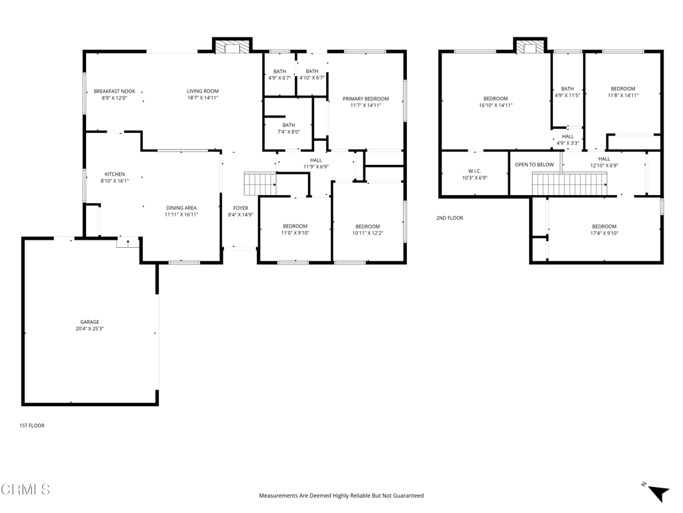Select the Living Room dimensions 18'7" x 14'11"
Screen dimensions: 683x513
point(203,98)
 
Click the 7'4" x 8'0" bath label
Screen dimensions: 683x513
point(289,128)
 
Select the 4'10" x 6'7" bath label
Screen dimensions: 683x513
point(312,75)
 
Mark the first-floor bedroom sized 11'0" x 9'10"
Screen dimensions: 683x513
point(295,230)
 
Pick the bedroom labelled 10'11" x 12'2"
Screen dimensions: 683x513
point(368,230)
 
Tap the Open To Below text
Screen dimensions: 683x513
point(534,164)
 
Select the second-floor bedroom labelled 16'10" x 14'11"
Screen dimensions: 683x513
point(496,102)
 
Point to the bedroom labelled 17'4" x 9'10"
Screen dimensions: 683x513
point(604,230)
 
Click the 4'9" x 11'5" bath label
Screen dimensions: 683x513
point(567,92)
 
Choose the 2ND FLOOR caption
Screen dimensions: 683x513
point(450,218)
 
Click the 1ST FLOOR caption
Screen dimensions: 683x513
point(32,425)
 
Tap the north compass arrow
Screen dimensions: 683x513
point(657,492)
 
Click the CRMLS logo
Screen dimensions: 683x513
point(25,489)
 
